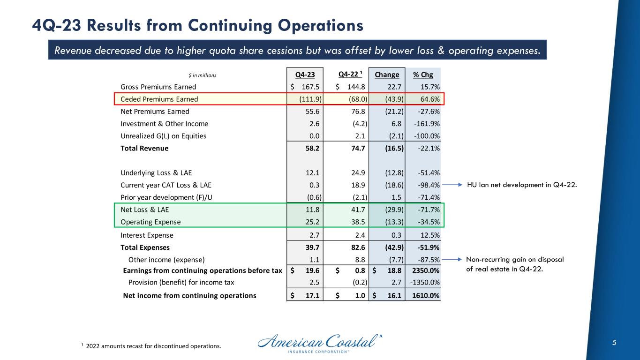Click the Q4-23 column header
click(305, 75)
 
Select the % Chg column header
click(422, 75)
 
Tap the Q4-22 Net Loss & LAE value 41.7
click(359, 209)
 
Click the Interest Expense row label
click(147, 235)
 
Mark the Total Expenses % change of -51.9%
click(427, 247)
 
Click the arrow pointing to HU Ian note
click(452, 185)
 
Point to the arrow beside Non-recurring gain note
click(452, 259)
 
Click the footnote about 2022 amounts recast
click(151, 346)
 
